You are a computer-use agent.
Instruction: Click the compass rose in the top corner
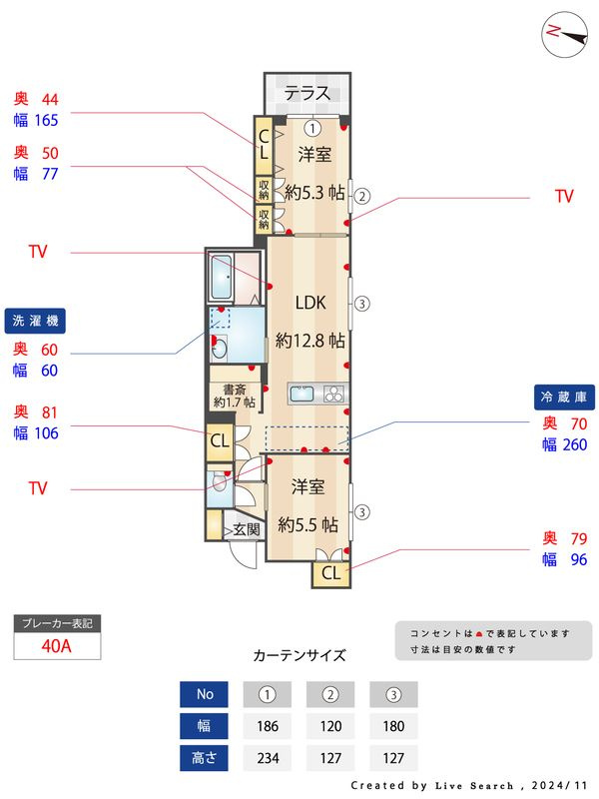click(x=564, y=35)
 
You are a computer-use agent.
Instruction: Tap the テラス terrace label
click(x=307, y=93)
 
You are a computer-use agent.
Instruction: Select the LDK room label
click(x=310, y=303)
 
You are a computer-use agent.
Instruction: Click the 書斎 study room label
click(x=235, y=390)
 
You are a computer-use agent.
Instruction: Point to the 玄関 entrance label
click(x=247, y=530)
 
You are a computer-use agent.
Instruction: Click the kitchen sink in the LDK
click(x=302, y=394)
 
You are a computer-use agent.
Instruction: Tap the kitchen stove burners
click(x=334, y=394)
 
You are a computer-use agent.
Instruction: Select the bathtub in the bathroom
click(x=221, y=277)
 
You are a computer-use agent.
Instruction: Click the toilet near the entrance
click(x=219, y=480)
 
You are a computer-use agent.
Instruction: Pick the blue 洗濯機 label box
click(x=35, y=321)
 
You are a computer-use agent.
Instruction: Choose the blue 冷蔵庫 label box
click(x=564, y=397)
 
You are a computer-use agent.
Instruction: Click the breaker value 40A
click(x=56, y=646)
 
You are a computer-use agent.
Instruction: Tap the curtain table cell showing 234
click(x=268, y=758)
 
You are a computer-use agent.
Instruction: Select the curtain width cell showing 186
click(x=268, y=726)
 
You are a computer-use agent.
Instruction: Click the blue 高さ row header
click(x=204, y=758)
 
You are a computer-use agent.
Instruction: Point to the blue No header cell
click(x=204, y=694)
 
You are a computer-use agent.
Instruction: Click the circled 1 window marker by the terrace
click(x=312, y=128)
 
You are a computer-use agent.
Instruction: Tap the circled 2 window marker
click(x=361, y=196)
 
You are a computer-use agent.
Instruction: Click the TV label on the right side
click(x=564, y=196)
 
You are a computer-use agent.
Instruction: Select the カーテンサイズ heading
click(x=299, y=655)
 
